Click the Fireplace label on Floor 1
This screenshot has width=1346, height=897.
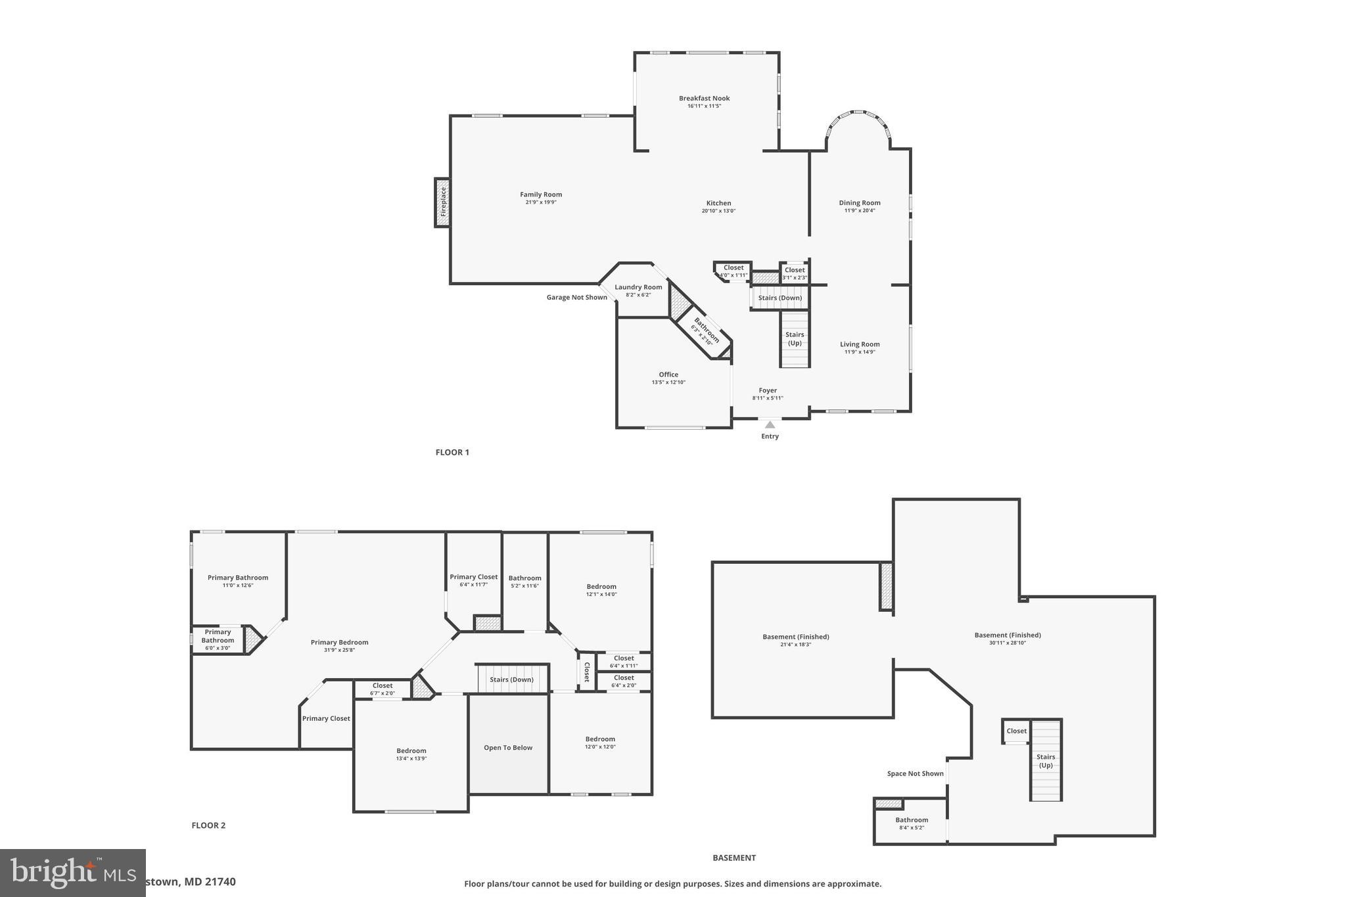click(x=443, y=202)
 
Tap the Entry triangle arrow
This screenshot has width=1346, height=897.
click(x=770, y=425)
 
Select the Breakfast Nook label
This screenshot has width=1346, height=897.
click(x=704, y=99)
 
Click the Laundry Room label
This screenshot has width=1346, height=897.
click(x=638, y=287)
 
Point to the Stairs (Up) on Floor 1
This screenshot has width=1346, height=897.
click(x=794, y=338)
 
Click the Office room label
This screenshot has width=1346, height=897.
click(x=668, y=375)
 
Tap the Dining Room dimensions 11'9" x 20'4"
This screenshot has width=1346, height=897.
click(x=859, y=211)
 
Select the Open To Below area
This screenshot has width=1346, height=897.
click(x=508, y=748)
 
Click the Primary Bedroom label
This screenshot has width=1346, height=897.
click(x=339, y=643)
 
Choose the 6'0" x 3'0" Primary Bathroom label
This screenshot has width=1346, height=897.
click(x=218, y=640)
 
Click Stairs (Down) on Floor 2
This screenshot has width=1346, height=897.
click(x=511, y=679)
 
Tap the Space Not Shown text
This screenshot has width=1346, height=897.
click(x=915, y=774)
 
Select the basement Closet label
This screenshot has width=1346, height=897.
click(x=1016, y=731)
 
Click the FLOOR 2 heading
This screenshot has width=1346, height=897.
click(x=208, y=825)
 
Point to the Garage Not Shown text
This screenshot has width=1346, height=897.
click(x=576, y=298)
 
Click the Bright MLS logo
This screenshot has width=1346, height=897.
click(x=72, y=873)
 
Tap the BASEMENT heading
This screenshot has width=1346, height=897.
click(x=734, y=858)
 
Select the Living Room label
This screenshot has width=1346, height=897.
click(x=859, y=344)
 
